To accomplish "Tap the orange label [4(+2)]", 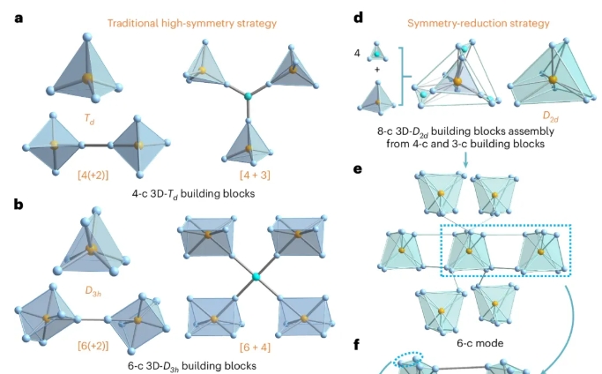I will pos(94,179).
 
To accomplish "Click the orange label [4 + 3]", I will pos(250,179).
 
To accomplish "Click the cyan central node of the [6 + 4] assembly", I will pos(256,278).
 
